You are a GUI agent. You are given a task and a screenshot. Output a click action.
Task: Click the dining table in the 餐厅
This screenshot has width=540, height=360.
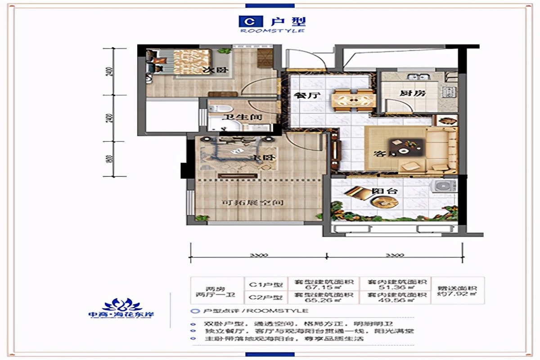tap(353, 100)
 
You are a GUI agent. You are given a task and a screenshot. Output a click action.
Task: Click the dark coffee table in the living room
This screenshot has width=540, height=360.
tap(407, 146)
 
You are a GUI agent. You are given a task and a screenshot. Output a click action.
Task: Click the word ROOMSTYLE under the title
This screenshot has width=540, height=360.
tap(272, 31)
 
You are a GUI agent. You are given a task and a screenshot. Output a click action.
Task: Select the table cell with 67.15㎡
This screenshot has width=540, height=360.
tap(323, 285)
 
